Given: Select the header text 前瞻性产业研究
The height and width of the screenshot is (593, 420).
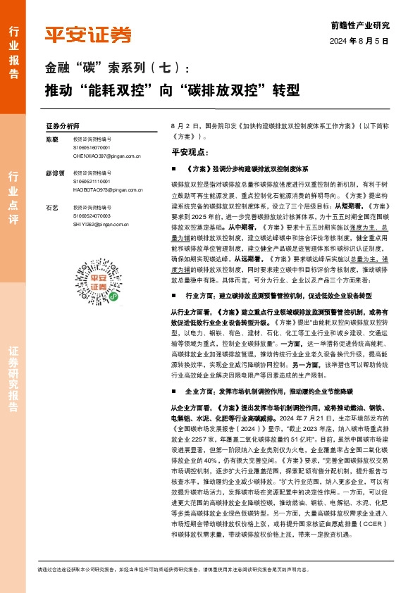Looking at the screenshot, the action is [359, 25].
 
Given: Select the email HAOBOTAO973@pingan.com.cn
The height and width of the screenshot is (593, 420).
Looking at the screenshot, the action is [107, 189].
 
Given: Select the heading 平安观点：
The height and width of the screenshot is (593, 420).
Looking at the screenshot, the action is [190, 151].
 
